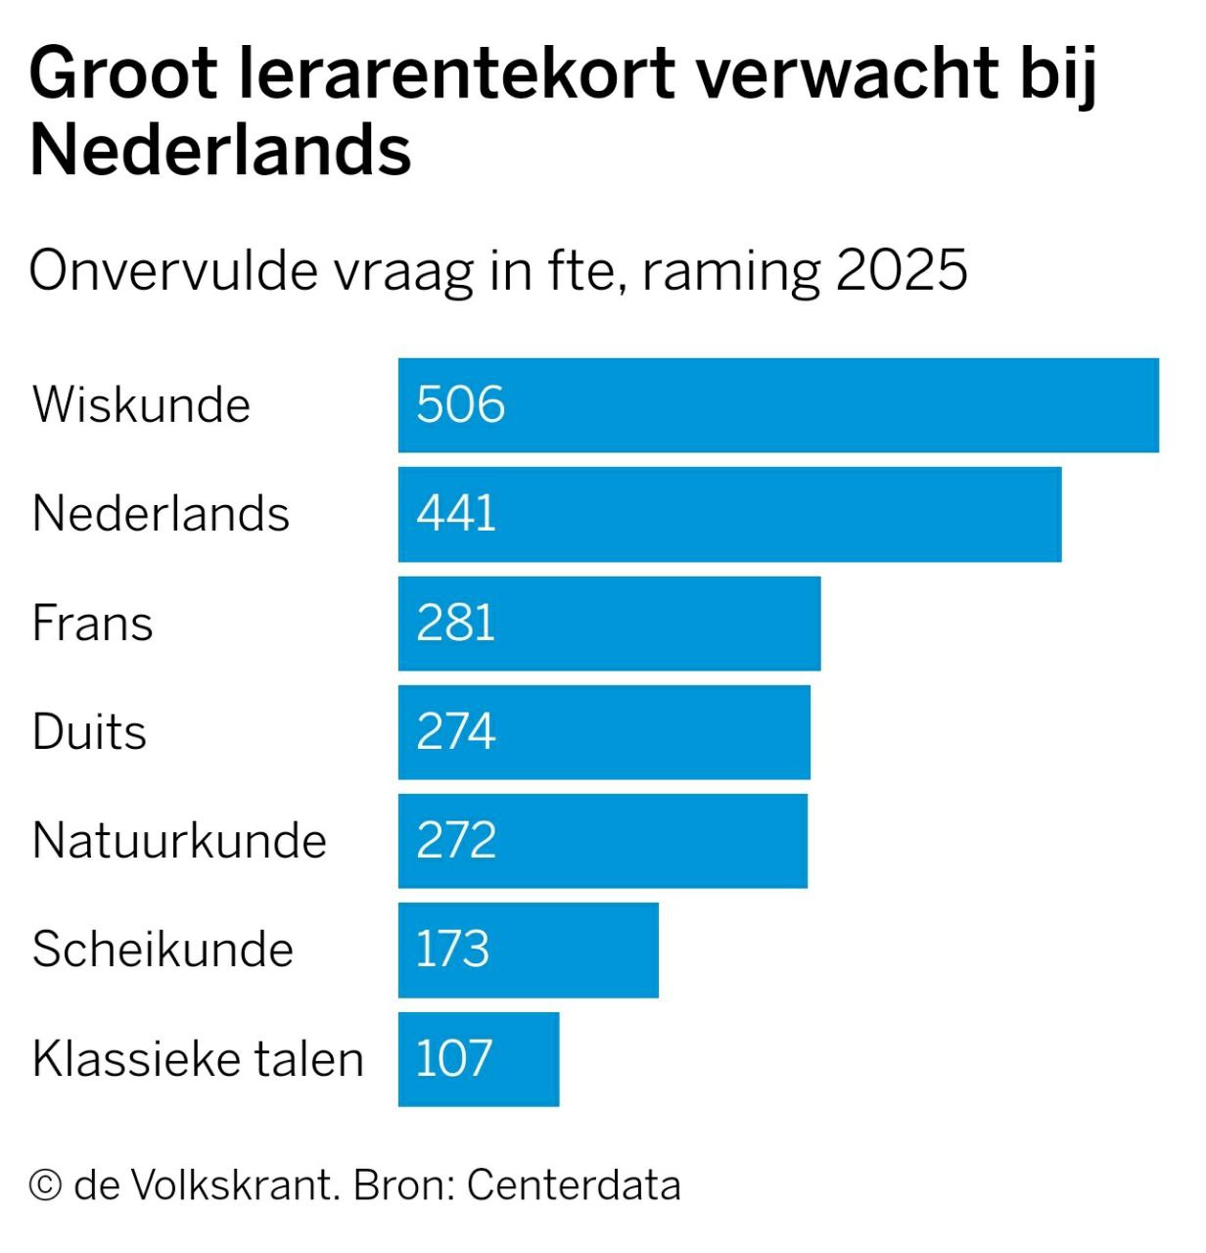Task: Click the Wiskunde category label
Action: pyautogui.click(x=141, y=404)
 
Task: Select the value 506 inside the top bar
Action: pyautogui.click(x=460, y=404)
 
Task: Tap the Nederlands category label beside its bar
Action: pyautogui.click(x=161, y=514)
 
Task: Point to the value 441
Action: pyautogui.click(x=456, y=514)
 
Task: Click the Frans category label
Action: pyautogui.click(x=92, y=624)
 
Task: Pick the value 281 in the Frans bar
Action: pyautogui.click(x=456, y=624)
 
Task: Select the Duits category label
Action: pyautogui.click(x=89, y=732)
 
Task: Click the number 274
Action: pyautogui.click(x=456, y=732)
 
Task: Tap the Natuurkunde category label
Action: pyautogui.click(x=179, y=841)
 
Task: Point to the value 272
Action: pyautogui.click(x=456, y=841)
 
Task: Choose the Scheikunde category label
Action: pyautogui.click(x=162, y=950)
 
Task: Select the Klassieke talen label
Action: pyautogui.click(x=198, y=1059)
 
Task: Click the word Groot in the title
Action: pyautogui.click(x=123, y=74)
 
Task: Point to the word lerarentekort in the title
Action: pyautogui.click(x=456, y=74)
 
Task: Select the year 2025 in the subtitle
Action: pyautogui.click(x=902, y=271)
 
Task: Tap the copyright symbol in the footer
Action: pyautogui.click(x=45, y=1185)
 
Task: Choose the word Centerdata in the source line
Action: pyautogui.click(x=573, y=1185)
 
